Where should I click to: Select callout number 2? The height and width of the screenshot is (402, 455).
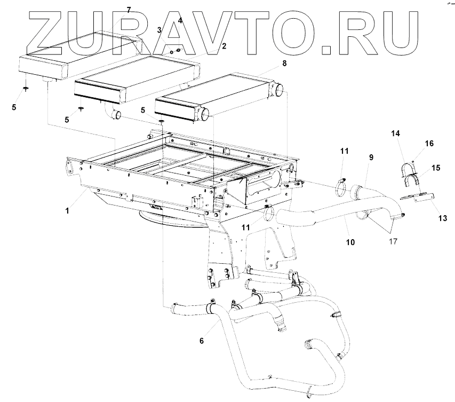pyautogui.click(x=224, y=46)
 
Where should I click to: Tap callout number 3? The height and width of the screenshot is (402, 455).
pyautogui.click(x=159, y=30)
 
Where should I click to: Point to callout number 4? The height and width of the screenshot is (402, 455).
pyautogui.click(x=180, y=20)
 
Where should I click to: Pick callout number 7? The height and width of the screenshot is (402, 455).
pyautogui.click(x=128, y=10)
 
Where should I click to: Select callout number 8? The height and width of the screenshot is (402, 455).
pyautogui.click(x=284, y=63)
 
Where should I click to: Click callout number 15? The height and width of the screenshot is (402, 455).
pyautogui.click(x=435, y=168)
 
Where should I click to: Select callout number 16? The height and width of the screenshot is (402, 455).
pyautogui.click(x=429, y=144)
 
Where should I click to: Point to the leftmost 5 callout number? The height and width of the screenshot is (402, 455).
pyautogui.click(x=14, y=107)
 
